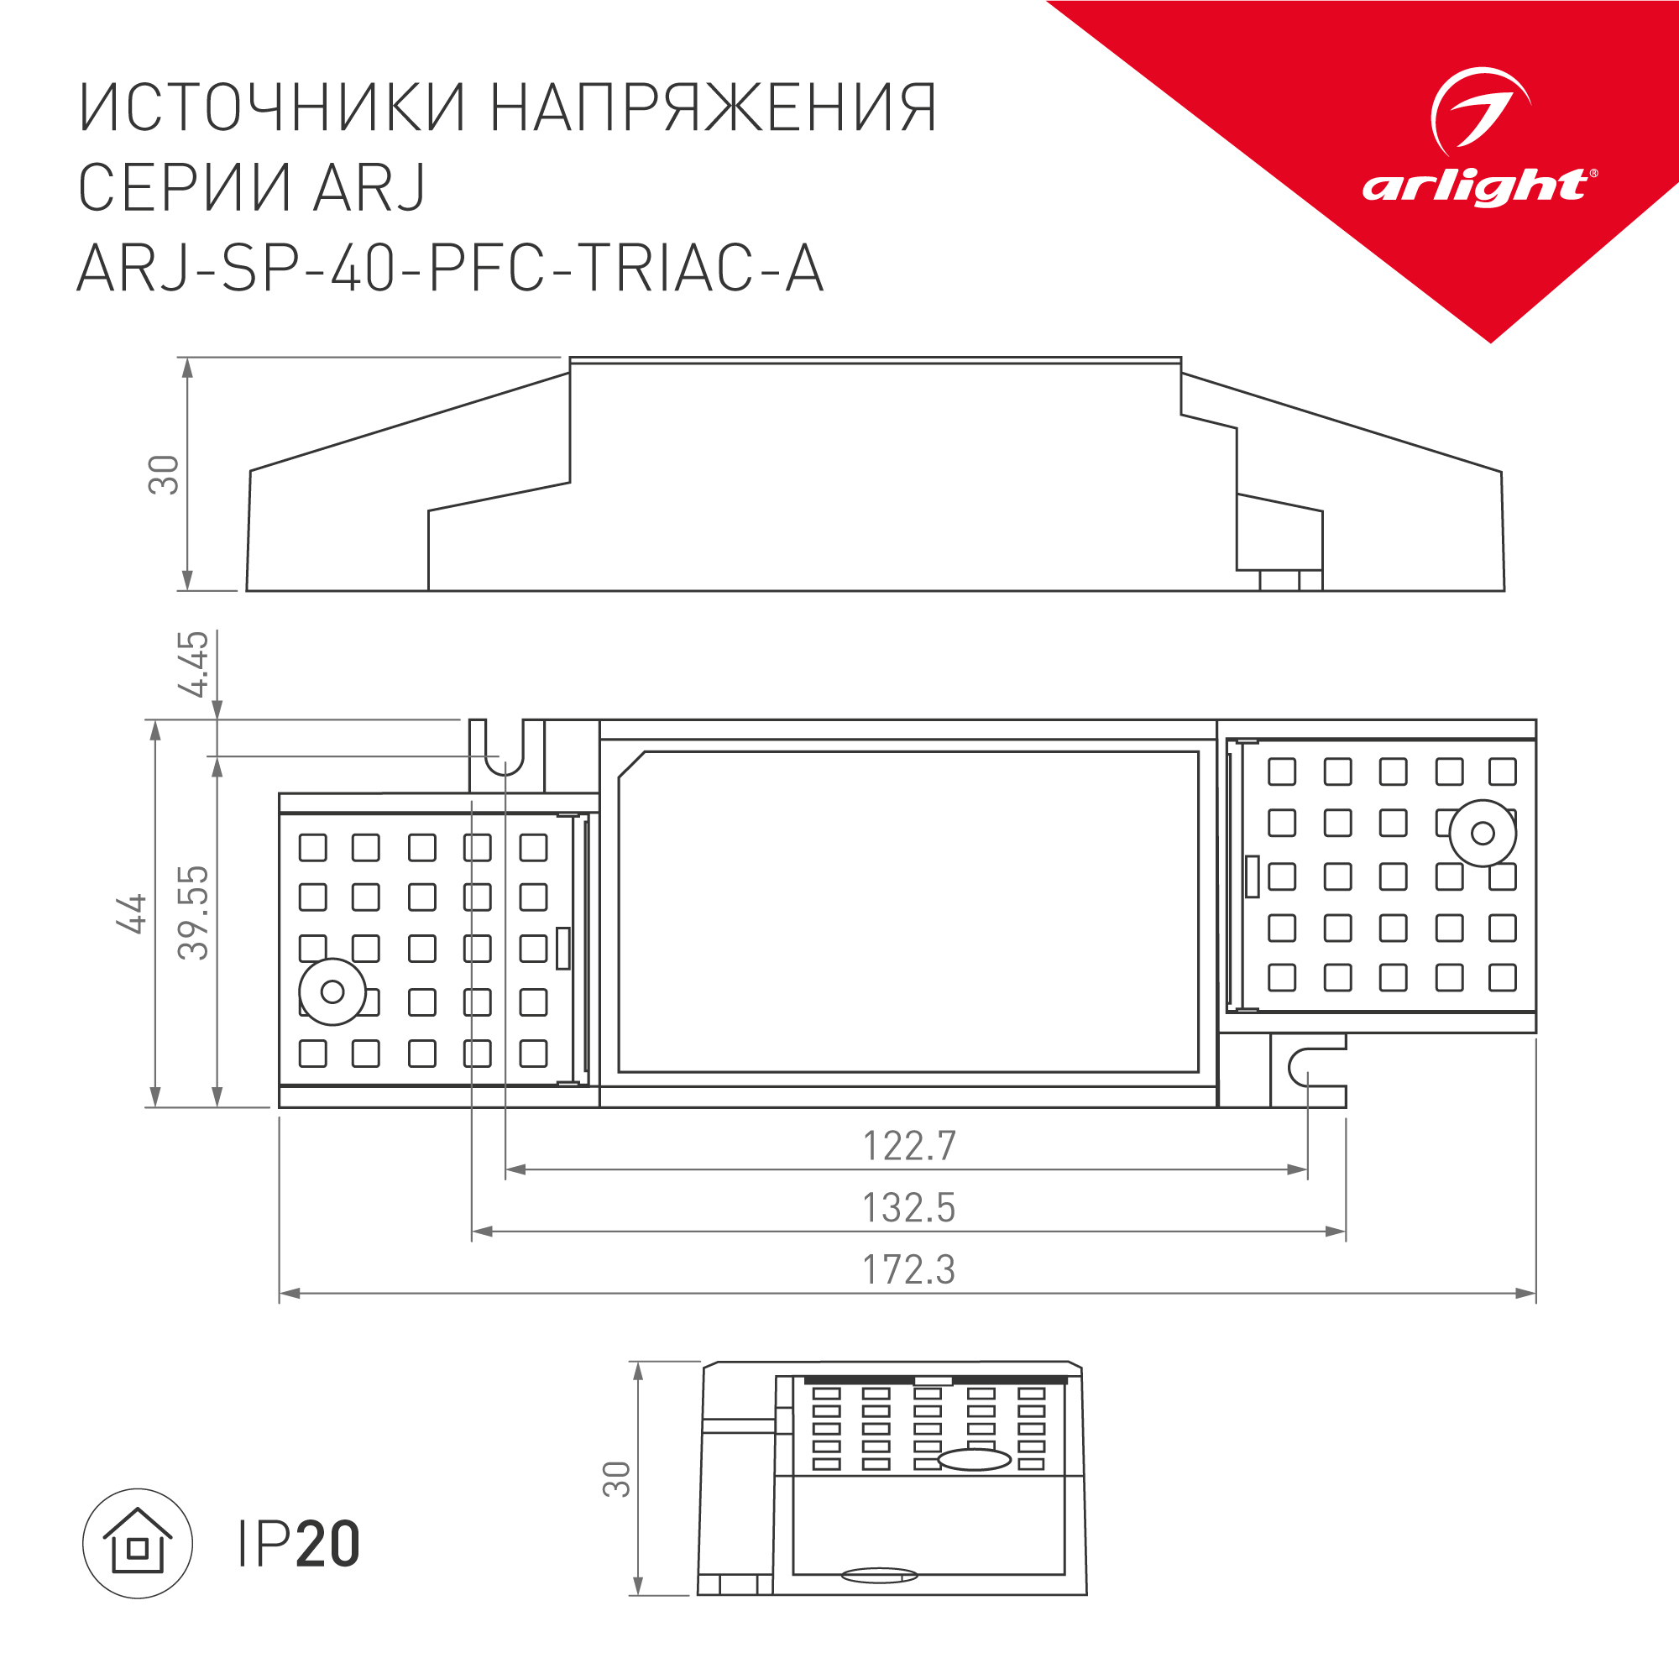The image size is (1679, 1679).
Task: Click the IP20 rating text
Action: tap(298, 1545)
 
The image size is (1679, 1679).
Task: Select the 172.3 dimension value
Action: tap(908, 1269)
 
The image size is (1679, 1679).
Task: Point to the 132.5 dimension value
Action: tap(908, 1208)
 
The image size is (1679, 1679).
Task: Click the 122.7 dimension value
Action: tap(908, 1146)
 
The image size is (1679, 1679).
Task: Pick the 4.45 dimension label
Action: tap(194, 664)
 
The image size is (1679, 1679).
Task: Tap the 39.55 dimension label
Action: tap(194, 913)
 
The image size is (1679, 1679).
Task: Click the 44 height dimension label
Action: tap(132, 913)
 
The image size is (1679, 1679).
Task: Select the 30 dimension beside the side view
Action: tap(164, 474)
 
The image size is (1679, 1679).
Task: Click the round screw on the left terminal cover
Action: tap(332, 991)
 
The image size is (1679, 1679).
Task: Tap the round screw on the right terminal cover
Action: tap(1483, 834)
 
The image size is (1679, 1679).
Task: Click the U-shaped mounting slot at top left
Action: tap(505, 752)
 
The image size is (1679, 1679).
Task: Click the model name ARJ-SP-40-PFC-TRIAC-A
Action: tap(450, 268)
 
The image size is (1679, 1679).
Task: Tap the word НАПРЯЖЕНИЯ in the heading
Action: tap(714, 108)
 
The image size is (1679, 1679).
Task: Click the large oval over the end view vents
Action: tap(974, 1459)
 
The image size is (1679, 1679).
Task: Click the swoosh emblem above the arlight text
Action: tap(1479, 109)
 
